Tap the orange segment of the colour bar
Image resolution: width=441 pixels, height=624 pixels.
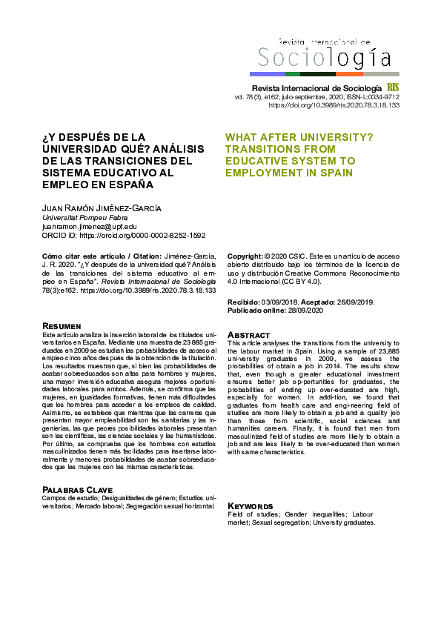pyautogui.click(x=349, y=74)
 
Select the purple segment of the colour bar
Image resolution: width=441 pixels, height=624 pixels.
pyautogui.click(x=267, y=74)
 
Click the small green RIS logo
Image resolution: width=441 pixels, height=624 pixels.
pyautogui.click(x=393, y=87)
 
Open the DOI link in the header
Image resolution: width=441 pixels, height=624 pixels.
pyautogui.click(x=334, y=105)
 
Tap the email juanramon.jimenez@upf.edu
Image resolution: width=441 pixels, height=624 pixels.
pyautogui.click(x=89, y=226)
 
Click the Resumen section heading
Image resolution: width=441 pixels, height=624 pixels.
pyautogui.click(x=62, y=326)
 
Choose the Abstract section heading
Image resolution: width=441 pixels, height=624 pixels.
pyautogui.click(x=248, y=335)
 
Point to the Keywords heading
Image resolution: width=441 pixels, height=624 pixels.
pyautogui.click(x=253, y=505)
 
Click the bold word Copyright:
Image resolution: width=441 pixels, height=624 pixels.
pyautogui.click(x=245, y=254)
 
